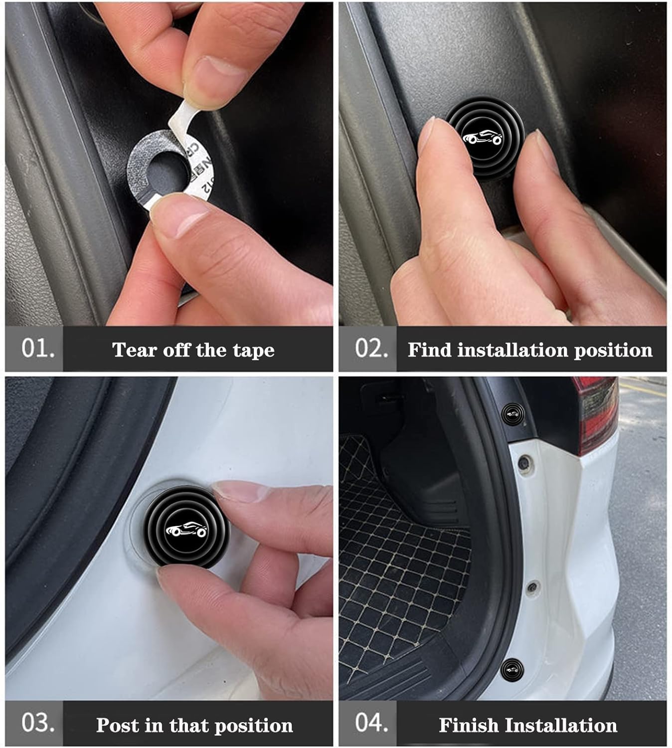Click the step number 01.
37,348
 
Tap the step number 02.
371,348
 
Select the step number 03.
37,723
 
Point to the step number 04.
371,723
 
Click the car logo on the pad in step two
483,138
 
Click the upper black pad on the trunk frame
511,413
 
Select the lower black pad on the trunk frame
512,669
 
